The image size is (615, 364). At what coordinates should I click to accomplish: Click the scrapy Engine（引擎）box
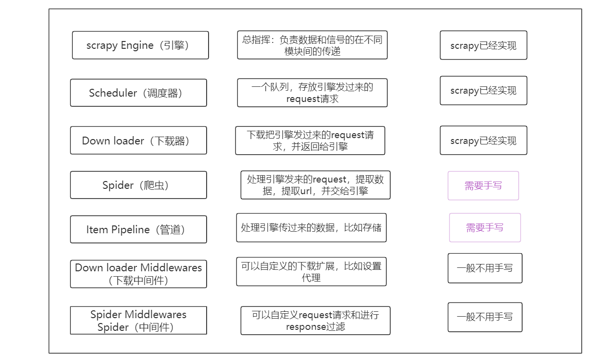click(x=140, y=45)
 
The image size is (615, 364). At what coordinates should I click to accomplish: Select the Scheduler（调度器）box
click(x=138, y=93)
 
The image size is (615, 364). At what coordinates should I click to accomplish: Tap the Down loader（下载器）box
click(x=138, y=141)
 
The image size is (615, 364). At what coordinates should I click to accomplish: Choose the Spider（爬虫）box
click(x=138, y=185)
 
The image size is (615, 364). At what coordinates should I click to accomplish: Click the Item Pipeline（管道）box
click(x=138, y=229)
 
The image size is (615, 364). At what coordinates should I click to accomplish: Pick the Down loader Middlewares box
click(x=138, y=274)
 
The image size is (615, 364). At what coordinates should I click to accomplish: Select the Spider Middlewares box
click(x=138, y=321)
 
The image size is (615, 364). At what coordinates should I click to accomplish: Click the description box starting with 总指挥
click(x=312, y=45)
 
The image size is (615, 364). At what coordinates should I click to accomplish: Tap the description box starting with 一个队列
click(x=312, y=93)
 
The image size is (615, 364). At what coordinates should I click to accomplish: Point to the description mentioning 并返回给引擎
click(x=310, y=141)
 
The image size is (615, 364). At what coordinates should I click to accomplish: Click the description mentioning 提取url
click(x=315, y=185)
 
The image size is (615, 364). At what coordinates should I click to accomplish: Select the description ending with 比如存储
click(x=311, y=227)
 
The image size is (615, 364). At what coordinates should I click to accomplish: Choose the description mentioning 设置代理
click(x=311, y=272)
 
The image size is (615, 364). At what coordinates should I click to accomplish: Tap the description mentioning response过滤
click(x=315, y=321)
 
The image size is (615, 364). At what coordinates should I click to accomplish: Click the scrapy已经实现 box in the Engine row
click(x=483, y=45)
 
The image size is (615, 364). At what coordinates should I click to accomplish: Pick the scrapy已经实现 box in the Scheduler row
click(x=483, y=90)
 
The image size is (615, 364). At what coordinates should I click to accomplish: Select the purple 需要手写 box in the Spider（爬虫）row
click(x=483, y=185)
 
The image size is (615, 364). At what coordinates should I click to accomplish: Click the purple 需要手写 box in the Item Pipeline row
click(x=485, y=227)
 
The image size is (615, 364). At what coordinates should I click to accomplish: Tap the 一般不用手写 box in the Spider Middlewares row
click(x=485, y=317)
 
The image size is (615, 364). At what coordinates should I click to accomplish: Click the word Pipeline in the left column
click(x=130, y=229)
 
